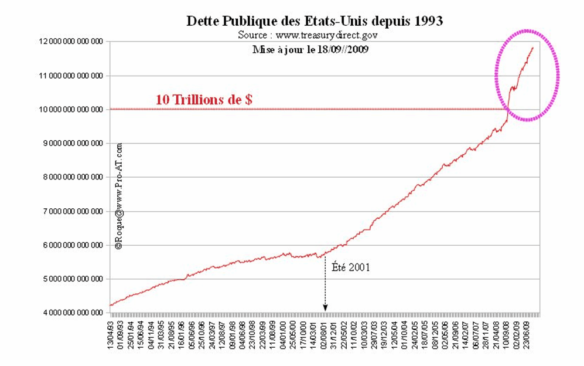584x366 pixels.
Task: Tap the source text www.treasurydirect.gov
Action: [308, 35]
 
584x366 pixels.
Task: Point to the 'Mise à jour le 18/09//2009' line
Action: [310, 49]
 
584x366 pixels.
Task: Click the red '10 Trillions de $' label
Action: [204, 100]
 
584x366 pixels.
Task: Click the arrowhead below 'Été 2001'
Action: [325, 309]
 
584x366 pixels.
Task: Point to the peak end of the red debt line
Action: [532, 48]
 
